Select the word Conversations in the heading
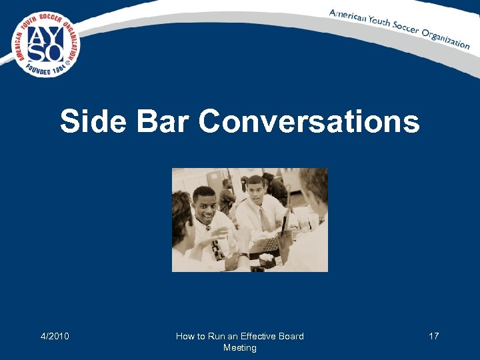pos(309,122)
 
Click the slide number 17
pos(433,336)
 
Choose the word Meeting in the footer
pos(239,348)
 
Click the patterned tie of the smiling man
pos(215,248)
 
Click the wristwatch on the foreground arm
pos(244,255)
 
